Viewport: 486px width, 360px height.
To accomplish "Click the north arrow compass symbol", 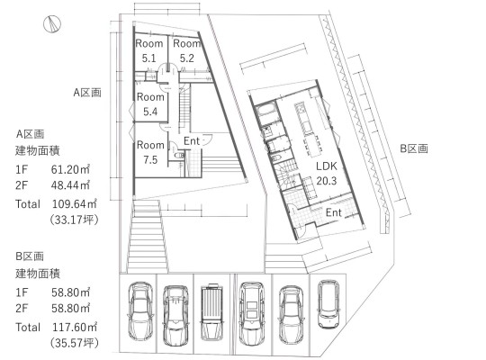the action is point(52,24).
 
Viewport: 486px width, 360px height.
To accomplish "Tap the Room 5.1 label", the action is point(149,50).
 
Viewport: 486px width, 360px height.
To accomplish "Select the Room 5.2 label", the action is point(186,50).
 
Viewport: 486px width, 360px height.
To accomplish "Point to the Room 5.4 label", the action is point(150,104).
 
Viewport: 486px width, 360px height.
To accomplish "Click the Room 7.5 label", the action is point(150,152).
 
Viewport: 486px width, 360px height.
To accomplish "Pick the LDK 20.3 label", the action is point(327,173).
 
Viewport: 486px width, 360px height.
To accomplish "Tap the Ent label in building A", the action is point(191,141).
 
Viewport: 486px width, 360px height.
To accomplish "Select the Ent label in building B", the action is point(334,212).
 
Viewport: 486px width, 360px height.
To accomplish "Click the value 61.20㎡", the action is point(71,169).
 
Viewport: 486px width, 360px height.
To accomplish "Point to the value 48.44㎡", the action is point(71,185).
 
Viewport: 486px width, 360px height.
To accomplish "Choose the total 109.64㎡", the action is point(75,203).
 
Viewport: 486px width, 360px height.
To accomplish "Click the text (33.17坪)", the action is point(75,220).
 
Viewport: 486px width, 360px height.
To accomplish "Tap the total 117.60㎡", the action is point(75,327).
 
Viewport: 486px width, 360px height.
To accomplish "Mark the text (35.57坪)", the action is point(75,343).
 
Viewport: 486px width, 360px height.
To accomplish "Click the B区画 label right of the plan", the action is point(414,148).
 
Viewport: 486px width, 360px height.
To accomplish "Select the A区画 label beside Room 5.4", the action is point(87,93).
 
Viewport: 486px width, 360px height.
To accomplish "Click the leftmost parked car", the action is point(140,311).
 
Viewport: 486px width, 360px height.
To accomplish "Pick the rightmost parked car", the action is point(328,304).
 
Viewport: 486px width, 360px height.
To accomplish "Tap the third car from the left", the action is point(212,312).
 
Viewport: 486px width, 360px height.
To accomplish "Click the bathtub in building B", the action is point(266,112).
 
